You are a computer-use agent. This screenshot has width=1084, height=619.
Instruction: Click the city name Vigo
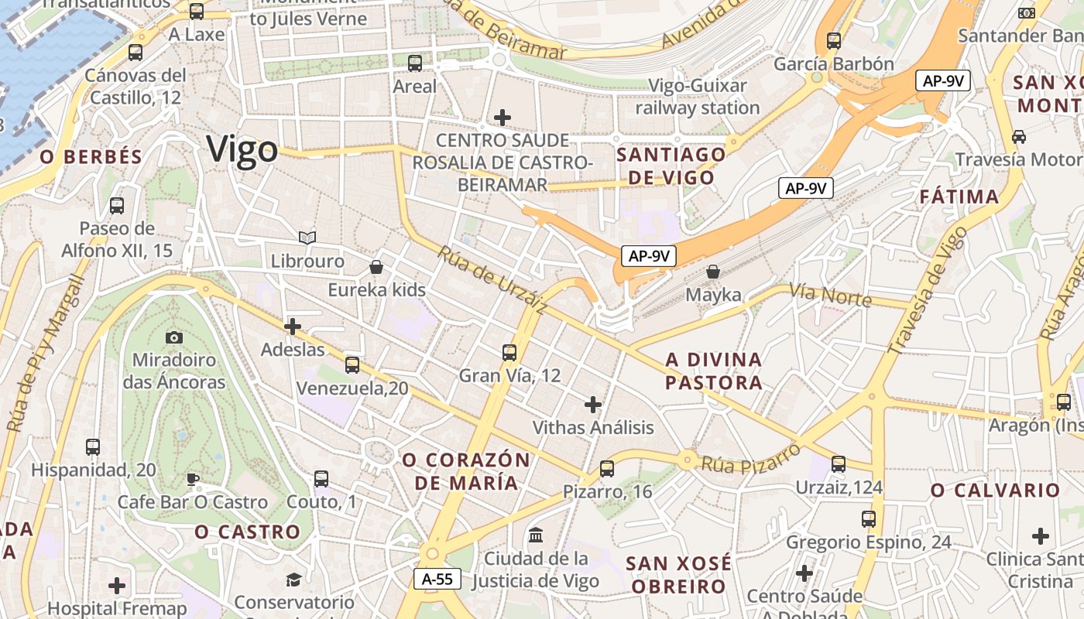pos(242,149)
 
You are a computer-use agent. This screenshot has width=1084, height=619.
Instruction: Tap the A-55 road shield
pos(437,579)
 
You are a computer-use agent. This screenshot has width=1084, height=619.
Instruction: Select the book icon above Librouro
pos(307,238)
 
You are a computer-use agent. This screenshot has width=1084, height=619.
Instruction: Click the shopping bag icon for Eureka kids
pos(376,267)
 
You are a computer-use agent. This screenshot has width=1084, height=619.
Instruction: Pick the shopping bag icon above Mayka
pos(713,272)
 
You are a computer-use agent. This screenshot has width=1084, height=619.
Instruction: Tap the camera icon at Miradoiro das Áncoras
pos(174,337)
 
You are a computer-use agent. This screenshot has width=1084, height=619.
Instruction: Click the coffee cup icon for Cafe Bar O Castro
pos(193,479)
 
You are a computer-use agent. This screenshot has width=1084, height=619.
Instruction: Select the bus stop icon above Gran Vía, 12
pos(509,353)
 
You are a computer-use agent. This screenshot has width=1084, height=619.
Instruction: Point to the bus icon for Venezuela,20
pos(352,364)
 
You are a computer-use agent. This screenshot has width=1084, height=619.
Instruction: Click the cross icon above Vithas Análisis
pos(593,404)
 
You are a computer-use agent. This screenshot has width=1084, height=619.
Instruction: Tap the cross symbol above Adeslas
pos(293,327)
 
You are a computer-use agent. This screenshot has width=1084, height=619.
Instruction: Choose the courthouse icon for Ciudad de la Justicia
pos(536,535)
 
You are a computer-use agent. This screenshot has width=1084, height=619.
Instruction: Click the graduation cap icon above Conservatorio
pos(293,580)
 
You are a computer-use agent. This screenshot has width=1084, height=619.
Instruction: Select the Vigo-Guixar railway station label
pos(698,97)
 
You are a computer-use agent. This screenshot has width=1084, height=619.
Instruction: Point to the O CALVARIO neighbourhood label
pos(995,491)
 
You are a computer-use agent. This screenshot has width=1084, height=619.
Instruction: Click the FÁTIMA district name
pos(959,197)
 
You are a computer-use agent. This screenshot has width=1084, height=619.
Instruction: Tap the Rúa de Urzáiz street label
pos(492,280)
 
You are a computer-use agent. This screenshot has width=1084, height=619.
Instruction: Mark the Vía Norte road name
pos(830,295)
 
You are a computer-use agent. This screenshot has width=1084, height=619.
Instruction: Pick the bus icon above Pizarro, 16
pos(607,468)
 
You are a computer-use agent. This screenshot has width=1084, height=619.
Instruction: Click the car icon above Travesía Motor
pos(1019,137)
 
